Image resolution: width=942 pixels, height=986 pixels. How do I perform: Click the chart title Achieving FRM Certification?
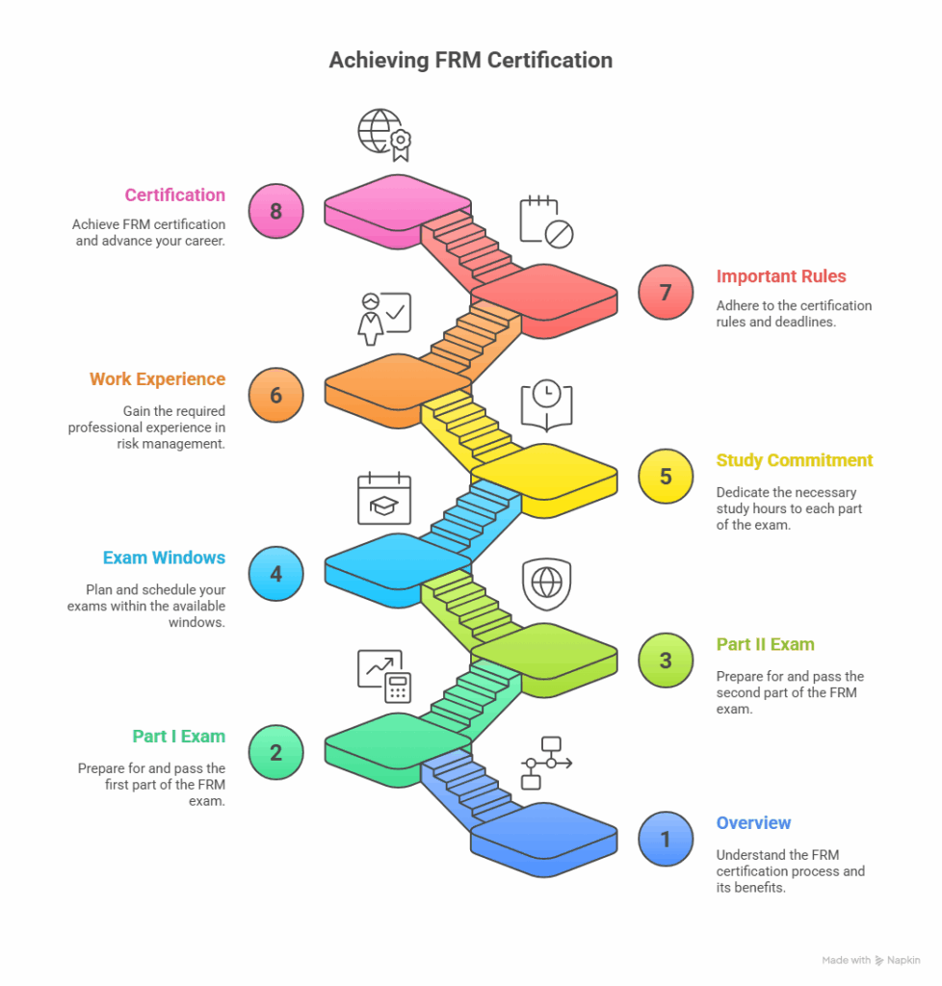pyautogui.click(x=470, y=60)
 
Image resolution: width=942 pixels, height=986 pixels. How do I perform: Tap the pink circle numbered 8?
pyautogui.click(x=275, y=210)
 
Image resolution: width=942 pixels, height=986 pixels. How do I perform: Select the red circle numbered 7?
pyautogui.click(x=666, y=292)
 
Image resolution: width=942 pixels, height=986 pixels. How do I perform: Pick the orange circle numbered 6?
pyautogui.click(x=275, y=394)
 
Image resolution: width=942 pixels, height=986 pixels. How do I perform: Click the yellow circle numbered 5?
pyautogui.click(x=666, y=476)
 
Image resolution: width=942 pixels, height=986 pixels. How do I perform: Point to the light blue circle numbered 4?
pyautogui.click(x=275, y=574)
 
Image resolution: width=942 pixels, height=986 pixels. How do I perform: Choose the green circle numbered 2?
pyautogui.click(x=275, y=752)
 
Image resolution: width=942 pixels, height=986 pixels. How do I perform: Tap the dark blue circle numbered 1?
pyautogui.click(x=666, y=839)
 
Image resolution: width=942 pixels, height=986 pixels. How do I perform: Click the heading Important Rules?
pyautogui.click(x=780, y=276)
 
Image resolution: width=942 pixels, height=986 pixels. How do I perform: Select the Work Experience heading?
pyautogui.click(x=157, y=378)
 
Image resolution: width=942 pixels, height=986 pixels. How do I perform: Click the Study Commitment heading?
pyautogui.click(x=794, y=460)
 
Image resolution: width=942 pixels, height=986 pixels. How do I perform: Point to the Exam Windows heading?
pyautogui.click(x=164, y=558)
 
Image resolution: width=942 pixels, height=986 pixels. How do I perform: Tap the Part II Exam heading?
pyautogui.click(x=765, y=644)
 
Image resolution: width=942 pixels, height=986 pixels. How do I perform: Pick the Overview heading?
pyautogui.click(x=753, y=823)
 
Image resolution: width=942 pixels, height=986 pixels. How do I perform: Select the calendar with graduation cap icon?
pyautogui.click(x=384, y=499)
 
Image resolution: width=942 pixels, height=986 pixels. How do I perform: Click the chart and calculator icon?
pyautogui.click(x=384, y=675)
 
